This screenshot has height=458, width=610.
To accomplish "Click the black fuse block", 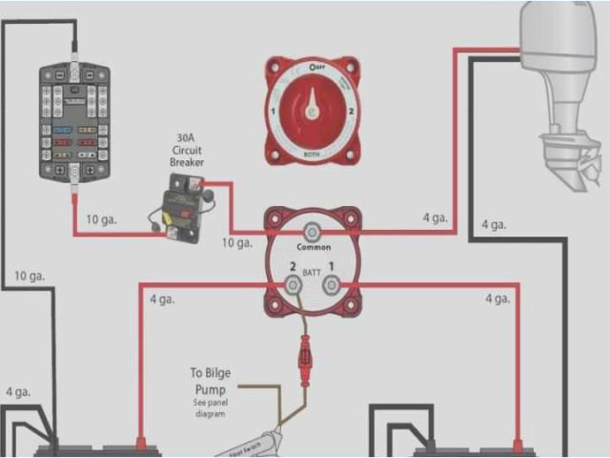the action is click(75, 120).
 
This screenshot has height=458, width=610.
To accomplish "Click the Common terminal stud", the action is click(311, 232).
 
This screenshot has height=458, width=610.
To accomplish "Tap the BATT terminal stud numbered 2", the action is click(293, 284).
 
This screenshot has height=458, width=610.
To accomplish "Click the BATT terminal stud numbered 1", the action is click(330, 284).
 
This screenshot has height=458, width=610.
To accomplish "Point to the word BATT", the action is click(311, 273).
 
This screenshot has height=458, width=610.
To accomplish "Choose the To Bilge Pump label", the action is click(210, 382).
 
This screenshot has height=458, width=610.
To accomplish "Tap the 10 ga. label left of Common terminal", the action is click(237, 243).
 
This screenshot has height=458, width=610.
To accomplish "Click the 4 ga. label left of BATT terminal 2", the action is click(163, 300).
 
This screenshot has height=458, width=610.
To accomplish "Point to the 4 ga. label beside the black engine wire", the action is click(494, 225).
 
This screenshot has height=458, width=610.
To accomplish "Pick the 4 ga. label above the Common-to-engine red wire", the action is click(435, 218).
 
